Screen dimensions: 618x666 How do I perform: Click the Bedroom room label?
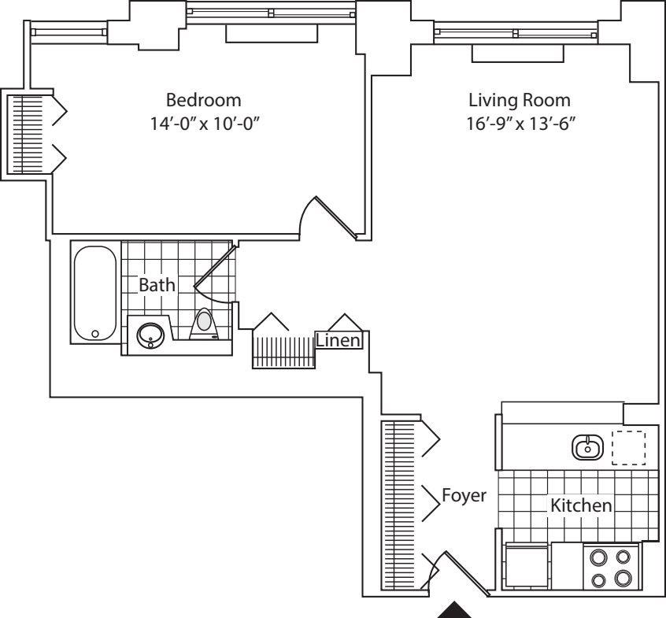(x=202, y=101)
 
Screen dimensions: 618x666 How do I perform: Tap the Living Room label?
(x=519, y=101)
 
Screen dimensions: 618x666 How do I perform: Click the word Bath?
(x=157, y=285)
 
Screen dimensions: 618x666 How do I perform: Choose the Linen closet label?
(x=339, y=340)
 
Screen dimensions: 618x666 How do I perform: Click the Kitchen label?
(x=580, y=505)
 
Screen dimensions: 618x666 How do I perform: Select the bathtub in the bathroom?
(x=95, y=292)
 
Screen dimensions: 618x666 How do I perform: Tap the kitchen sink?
(x=586, y=447)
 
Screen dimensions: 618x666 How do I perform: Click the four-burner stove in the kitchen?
(x=611, y=567)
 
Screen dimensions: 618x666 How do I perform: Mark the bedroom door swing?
(x=331, y=216)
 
